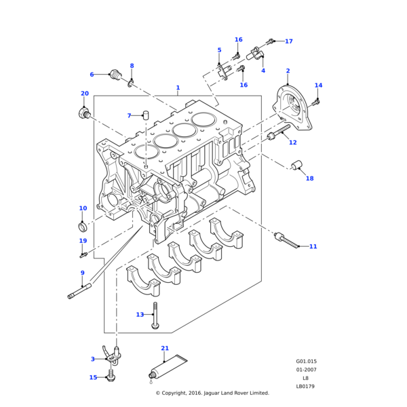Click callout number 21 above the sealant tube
point(164,348)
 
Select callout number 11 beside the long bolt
point(313,246)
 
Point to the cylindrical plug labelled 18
point(296,165)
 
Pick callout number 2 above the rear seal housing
point(288,71)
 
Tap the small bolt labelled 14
point(315,102)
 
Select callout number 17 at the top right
point(288,41)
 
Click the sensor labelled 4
point(259,53)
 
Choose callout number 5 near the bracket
point(219,50)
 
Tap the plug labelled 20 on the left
point(85,113)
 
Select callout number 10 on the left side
point(83,208)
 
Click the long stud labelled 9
point(80,293)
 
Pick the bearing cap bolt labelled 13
point(156,317)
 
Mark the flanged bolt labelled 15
point(112,377)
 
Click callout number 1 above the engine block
point(178,88)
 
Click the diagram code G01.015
point(306,362)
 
